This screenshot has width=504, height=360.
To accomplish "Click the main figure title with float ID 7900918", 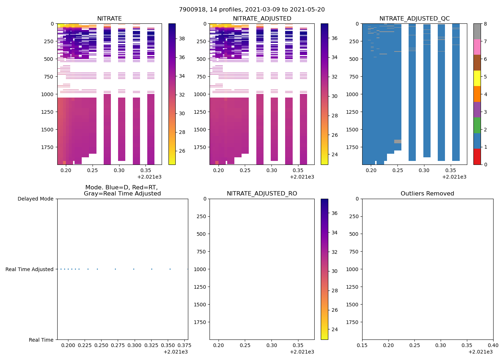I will coord(252,10).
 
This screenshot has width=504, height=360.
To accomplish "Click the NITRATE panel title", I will coord(109,19).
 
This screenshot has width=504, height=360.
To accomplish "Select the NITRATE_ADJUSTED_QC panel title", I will coord(414,19).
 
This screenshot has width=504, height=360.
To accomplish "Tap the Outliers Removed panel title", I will coord(427,194).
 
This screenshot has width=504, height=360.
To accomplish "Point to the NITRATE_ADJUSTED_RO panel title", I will coord(262,194).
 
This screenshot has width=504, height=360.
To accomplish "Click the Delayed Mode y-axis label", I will coord(35,199).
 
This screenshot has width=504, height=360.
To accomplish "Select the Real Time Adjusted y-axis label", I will coord(29,269).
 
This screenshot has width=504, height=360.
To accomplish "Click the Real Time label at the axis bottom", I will coord(41,340).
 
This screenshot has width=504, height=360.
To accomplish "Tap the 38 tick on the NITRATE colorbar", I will coord(182,39).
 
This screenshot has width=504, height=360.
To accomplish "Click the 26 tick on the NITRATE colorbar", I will coord(182,151).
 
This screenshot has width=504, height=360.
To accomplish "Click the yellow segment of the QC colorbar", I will coord(477,78).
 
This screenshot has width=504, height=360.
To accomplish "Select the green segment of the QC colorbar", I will coord(477,125).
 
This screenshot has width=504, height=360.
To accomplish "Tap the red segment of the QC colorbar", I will coord(477,157).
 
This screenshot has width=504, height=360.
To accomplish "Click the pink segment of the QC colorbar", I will coord(477,47).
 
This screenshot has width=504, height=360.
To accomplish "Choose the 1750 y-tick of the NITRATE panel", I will coord(48,147).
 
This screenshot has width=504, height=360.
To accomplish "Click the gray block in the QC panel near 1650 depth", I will coord(397,141).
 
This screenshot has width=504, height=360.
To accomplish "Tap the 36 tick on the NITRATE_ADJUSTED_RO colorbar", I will coord(334,213).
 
